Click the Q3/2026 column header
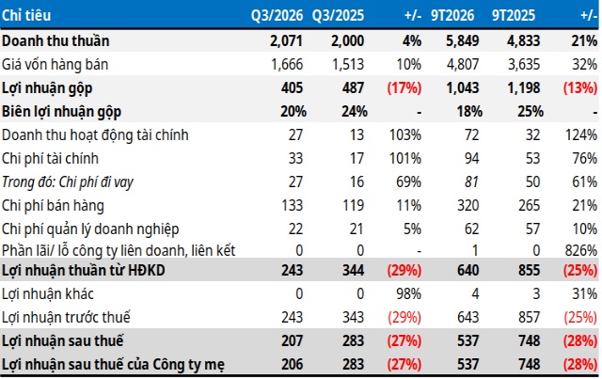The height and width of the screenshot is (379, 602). (277, 15)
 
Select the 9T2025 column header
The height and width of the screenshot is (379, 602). (514, 15)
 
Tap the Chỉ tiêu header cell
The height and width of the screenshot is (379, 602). (26, 15)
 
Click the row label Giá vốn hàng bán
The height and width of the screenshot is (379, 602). (55, 65)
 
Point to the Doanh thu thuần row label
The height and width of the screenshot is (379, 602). (55, 40)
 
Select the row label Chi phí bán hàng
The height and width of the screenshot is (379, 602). (53, 205)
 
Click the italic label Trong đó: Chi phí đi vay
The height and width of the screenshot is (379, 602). (68, 182)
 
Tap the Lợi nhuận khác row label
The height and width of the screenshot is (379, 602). (48, 293)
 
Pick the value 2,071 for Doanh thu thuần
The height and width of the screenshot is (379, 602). (286, 41)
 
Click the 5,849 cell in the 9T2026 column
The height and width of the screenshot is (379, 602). (462, 41)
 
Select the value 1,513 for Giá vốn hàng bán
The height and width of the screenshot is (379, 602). (347, 65)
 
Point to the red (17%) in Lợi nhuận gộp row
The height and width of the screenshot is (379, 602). (404, 88)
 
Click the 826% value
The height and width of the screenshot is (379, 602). (581, 250)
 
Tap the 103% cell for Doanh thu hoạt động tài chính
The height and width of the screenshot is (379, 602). (405, 135)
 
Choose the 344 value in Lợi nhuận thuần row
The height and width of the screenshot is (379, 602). (353, 270)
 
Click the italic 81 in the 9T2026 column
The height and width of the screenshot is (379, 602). (472, 182)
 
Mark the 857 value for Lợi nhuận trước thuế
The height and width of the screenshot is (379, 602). (529, 317)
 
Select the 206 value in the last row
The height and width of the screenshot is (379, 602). (292, 364)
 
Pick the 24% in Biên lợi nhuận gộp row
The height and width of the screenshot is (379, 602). (355, 112)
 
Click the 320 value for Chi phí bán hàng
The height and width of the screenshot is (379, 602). (468, 205)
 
